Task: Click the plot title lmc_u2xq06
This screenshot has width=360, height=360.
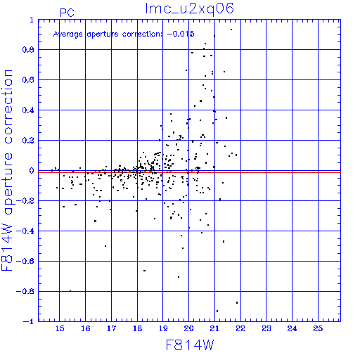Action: click(190, 9)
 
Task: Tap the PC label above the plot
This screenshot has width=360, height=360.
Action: click(67, 13)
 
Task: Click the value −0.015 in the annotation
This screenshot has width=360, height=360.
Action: click(181, 34)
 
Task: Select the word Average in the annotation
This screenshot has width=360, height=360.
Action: click(68, 34)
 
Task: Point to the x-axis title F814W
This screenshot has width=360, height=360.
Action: click(190, 345)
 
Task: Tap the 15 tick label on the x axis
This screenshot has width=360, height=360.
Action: click(60, 328)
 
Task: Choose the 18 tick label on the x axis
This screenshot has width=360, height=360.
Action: click(137, 328)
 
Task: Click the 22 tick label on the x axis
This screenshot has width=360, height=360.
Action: click(240, 328)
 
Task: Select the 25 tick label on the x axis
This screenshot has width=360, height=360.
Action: click(318, 328)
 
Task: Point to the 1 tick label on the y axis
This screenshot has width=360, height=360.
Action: click(32, 20)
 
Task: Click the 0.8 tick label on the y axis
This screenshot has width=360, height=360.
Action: click(28, 50)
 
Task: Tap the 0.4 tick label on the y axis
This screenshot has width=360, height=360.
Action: click(28, 110)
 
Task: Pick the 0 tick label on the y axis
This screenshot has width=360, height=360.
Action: click(32, 171)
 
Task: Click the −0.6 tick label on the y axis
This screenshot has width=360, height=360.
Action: click(25, 261)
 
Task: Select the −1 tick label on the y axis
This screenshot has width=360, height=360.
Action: click(29, 321)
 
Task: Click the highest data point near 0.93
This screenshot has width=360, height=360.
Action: click(231, 30)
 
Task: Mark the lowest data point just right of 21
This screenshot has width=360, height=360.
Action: click(217, 311)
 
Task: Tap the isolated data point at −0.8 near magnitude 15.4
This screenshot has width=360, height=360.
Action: click(70, 291)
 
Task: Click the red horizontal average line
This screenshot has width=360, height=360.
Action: click(189, 172)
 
